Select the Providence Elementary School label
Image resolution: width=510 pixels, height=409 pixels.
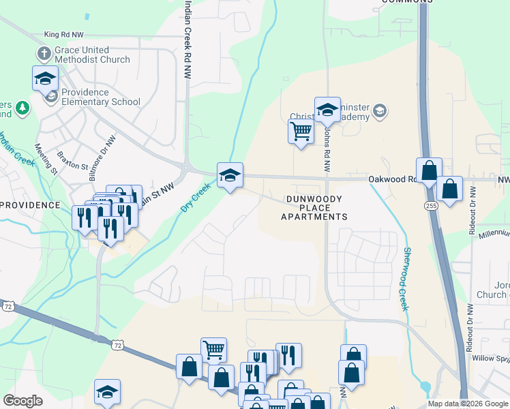click(x=100, y=97)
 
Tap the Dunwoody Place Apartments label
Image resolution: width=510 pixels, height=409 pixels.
click(x=314, y=207)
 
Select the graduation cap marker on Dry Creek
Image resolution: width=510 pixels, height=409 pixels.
click(x=230, y=176)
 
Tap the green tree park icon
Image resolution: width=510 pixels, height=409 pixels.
click(x=23, y=108)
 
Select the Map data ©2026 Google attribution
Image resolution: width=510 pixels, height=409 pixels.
click(x=467, y=404)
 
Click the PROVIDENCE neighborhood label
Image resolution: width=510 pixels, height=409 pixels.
click(x=29, y=204)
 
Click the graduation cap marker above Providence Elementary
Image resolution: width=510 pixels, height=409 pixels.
click(x=45, y=78)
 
